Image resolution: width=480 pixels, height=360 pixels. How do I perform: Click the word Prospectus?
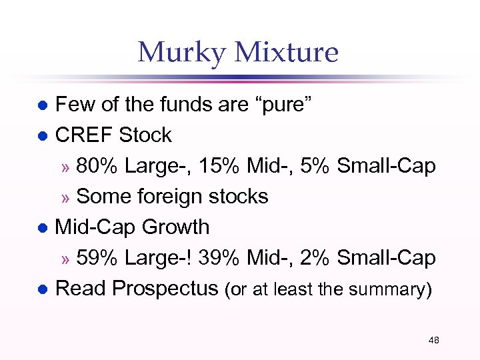point(165,289)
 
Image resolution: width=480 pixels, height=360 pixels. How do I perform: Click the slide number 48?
point(433,341)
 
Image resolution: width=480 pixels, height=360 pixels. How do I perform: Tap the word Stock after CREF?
point(145,135)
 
